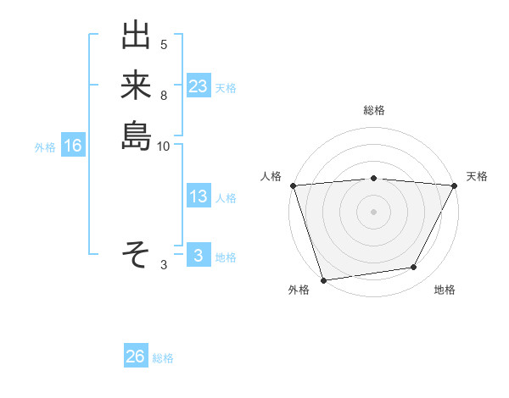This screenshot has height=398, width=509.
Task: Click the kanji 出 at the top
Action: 136,38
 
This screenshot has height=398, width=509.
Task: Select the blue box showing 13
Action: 198,196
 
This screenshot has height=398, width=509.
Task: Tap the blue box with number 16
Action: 73,146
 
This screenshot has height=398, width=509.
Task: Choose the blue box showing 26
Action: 136,357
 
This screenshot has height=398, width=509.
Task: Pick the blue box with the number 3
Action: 198,256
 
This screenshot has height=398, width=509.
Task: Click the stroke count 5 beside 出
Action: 164,44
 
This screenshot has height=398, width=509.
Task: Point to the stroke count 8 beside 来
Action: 164,96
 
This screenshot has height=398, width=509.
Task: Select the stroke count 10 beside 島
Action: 164,146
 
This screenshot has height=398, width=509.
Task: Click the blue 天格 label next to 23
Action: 226,87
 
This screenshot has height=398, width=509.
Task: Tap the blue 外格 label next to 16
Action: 45,147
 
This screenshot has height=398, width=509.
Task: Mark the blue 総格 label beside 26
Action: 164,358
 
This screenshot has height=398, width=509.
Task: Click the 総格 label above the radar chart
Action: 373,110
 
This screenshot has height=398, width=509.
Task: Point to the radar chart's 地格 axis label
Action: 445,290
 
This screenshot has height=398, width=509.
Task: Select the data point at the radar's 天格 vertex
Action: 455,185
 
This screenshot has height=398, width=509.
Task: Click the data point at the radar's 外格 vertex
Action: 323,280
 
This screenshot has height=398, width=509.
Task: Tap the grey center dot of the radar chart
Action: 373,212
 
